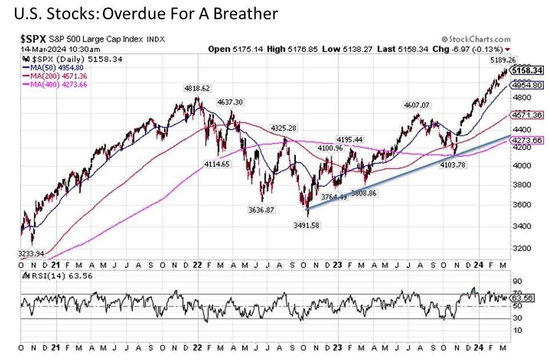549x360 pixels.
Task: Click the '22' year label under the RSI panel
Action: tap(196, 347)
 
